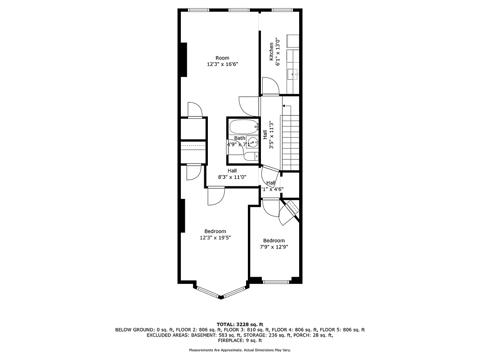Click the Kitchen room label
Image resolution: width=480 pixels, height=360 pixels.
tap(271, 52)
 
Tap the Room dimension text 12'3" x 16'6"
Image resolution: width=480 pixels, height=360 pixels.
tap(222, 64)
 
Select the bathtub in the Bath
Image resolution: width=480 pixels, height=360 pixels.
tap(243, 126)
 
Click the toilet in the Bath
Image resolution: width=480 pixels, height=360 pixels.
tap(250, 156)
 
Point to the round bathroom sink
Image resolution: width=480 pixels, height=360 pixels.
tap(254, 144)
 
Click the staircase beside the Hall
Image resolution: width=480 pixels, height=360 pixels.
tap(290, 142)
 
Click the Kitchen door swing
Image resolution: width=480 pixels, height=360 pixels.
tap(270, 86)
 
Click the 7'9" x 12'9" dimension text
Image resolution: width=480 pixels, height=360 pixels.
tap(274, 247)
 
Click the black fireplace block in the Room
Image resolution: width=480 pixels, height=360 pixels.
tap(184, 59)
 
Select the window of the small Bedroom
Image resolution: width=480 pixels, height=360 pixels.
tap(275, 282)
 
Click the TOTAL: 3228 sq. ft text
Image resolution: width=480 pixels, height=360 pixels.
tap(240, 324)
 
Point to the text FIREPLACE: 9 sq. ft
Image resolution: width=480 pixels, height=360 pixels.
tap(240, 341)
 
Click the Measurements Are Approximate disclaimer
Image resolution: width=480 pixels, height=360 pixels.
tap(240, 350)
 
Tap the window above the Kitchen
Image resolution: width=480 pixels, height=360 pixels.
tap(282, 10)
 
